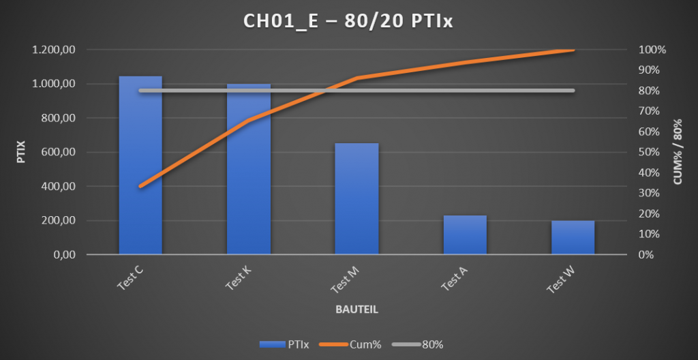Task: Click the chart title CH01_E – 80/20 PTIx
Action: pyautogui.click(x=348, y=22)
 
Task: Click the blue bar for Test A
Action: pyautogui.click(x=465, y=235)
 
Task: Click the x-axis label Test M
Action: pyautogui.click(x=345, y=279)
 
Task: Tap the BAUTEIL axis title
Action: pyautogui.click(x=356, y=309)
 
